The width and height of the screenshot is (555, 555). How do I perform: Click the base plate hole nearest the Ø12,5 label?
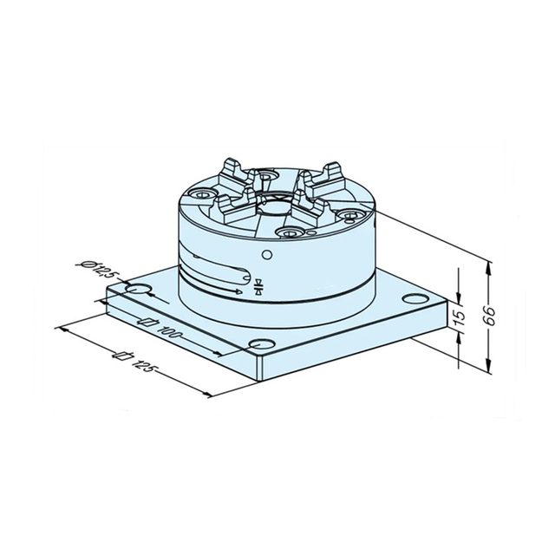click(x=137, y=287)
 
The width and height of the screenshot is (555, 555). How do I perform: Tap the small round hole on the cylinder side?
click(x=267, y=253)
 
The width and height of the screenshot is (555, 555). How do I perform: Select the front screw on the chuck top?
click(x=289, y=232)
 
